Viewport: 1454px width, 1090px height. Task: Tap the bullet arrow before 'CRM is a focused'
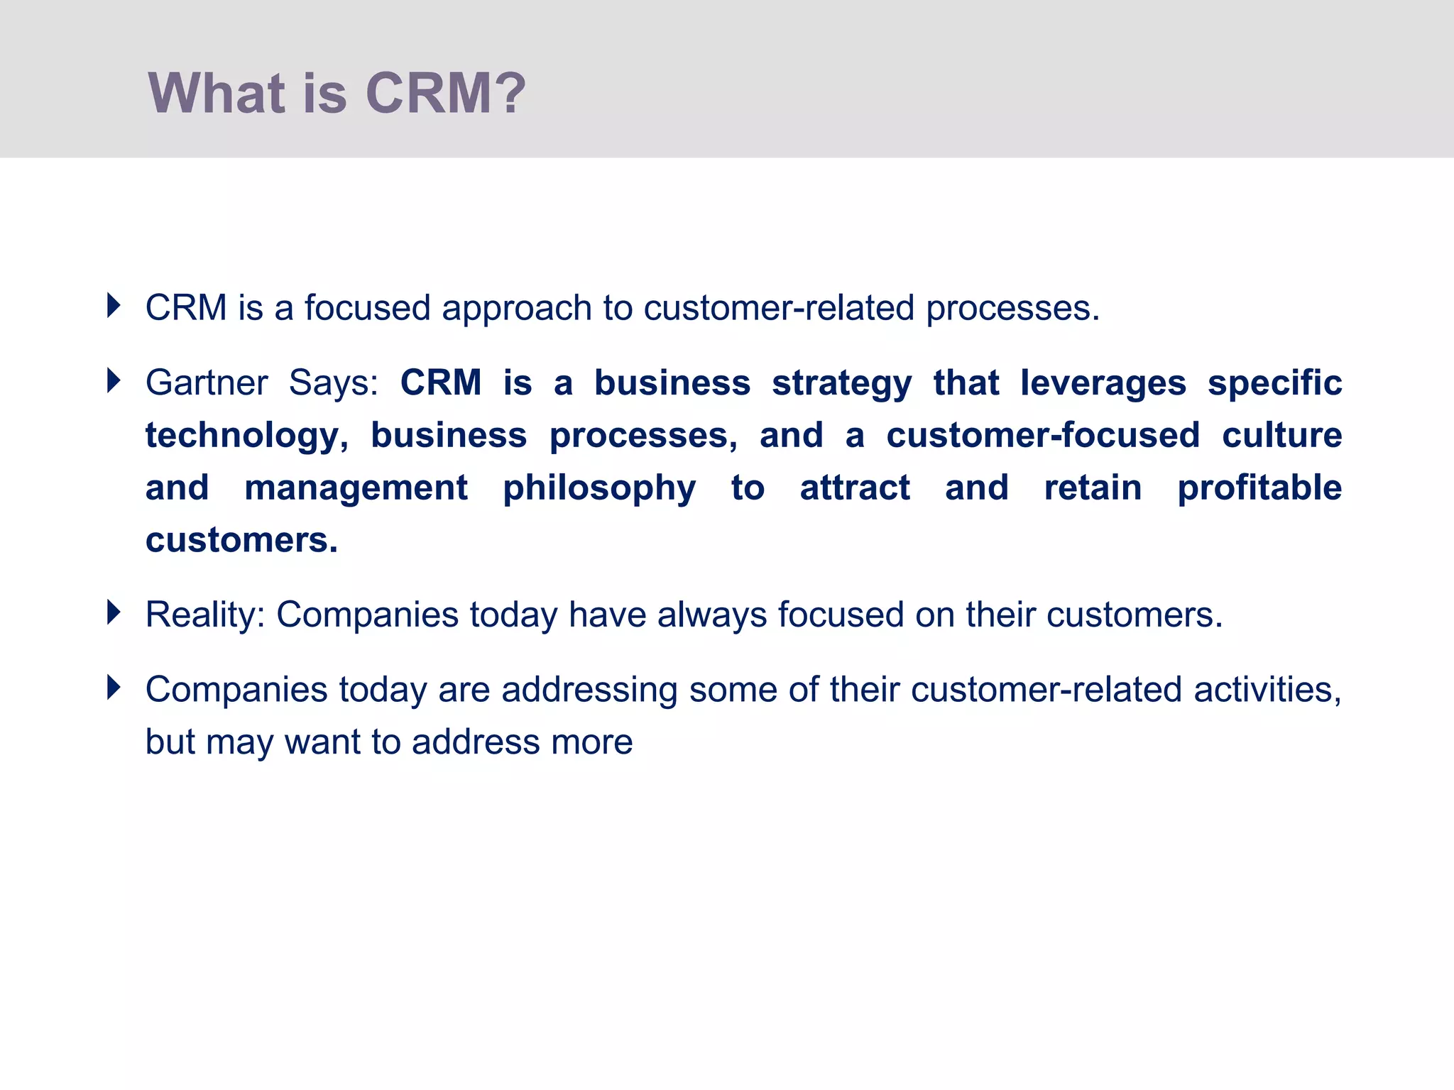click(x=114, y=306)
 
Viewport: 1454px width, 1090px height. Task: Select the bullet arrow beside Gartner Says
click(x=114, y=381)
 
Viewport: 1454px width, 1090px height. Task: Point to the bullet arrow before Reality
click(x=114, y=612)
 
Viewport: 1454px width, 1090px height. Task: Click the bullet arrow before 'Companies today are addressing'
click(x=114, y=688)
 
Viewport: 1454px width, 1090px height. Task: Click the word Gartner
click(x=207, y=383)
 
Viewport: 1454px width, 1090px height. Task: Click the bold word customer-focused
click(x=1043, y=435)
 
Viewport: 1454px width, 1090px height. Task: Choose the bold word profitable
click(x=1259, y=488)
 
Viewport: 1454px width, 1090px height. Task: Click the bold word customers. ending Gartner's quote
click(x=241, y=541)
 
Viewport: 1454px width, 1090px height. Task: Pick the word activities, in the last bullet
click(x=1267, y=690)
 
